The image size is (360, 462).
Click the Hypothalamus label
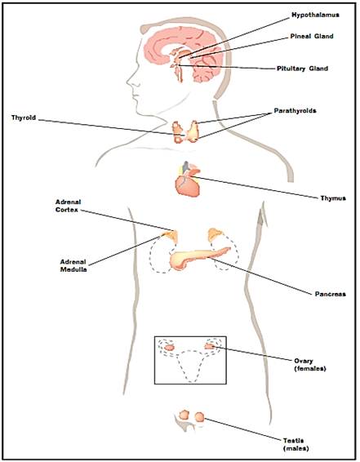click(x=315, y=15)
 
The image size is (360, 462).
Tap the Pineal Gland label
click(x=312, y=36)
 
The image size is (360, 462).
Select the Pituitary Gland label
click(x=302, y=69)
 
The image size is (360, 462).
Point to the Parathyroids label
click(x=295, y=111)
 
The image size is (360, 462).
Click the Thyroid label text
click(x=24, y=118)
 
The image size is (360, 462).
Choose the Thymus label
click(x=333, y=198)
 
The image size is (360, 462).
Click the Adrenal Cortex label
click(x=68, y=206)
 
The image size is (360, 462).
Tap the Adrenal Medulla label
click(x=73, y=265)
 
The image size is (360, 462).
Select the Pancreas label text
click(x=331, y=294)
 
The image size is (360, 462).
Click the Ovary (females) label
click(x=310, y=365)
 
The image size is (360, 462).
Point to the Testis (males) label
click(x=296, y=444)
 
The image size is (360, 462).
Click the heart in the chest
click(x=188, y=185)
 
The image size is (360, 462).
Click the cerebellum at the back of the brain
click(x=205, y=70)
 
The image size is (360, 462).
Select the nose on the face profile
click(x=131, y=81)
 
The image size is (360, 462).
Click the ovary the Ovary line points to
click(x=210, y=346)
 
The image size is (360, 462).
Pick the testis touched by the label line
click(x=199, y=417)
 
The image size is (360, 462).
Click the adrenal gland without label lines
click(x=216, y=235)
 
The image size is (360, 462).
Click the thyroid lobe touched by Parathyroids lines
click(x=193, y=131)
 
